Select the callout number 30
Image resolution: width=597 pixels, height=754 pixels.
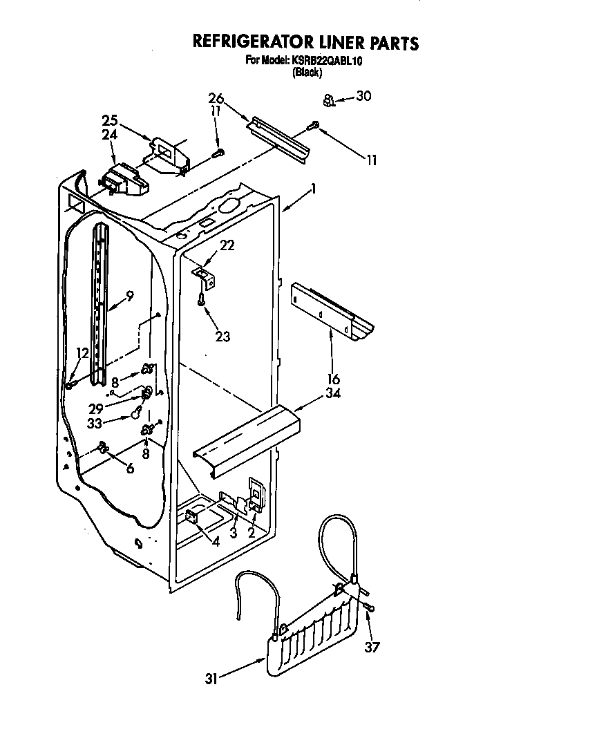coord(363,96)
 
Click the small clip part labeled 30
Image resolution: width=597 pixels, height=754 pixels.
coord(329,101)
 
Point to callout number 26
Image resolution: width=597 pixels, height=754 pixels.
coord(216,97)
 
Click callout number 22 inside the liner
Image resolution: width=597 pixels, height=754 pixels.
coord(227,245)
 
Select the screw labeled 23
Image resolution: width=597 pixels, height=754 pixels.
coord(200,300)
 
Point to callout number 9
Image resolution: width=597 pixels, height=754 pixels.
coord(129,295)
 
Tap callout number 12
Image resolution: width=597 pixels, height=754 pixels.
coord(82,353)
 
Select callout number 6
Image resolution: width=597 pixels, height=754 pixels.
coord(129,467)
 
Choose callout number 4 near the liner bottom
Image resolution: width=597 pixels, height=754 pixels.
coord(216,543)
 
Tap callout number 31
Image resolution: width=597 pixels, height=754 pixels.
coord(212,679)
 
